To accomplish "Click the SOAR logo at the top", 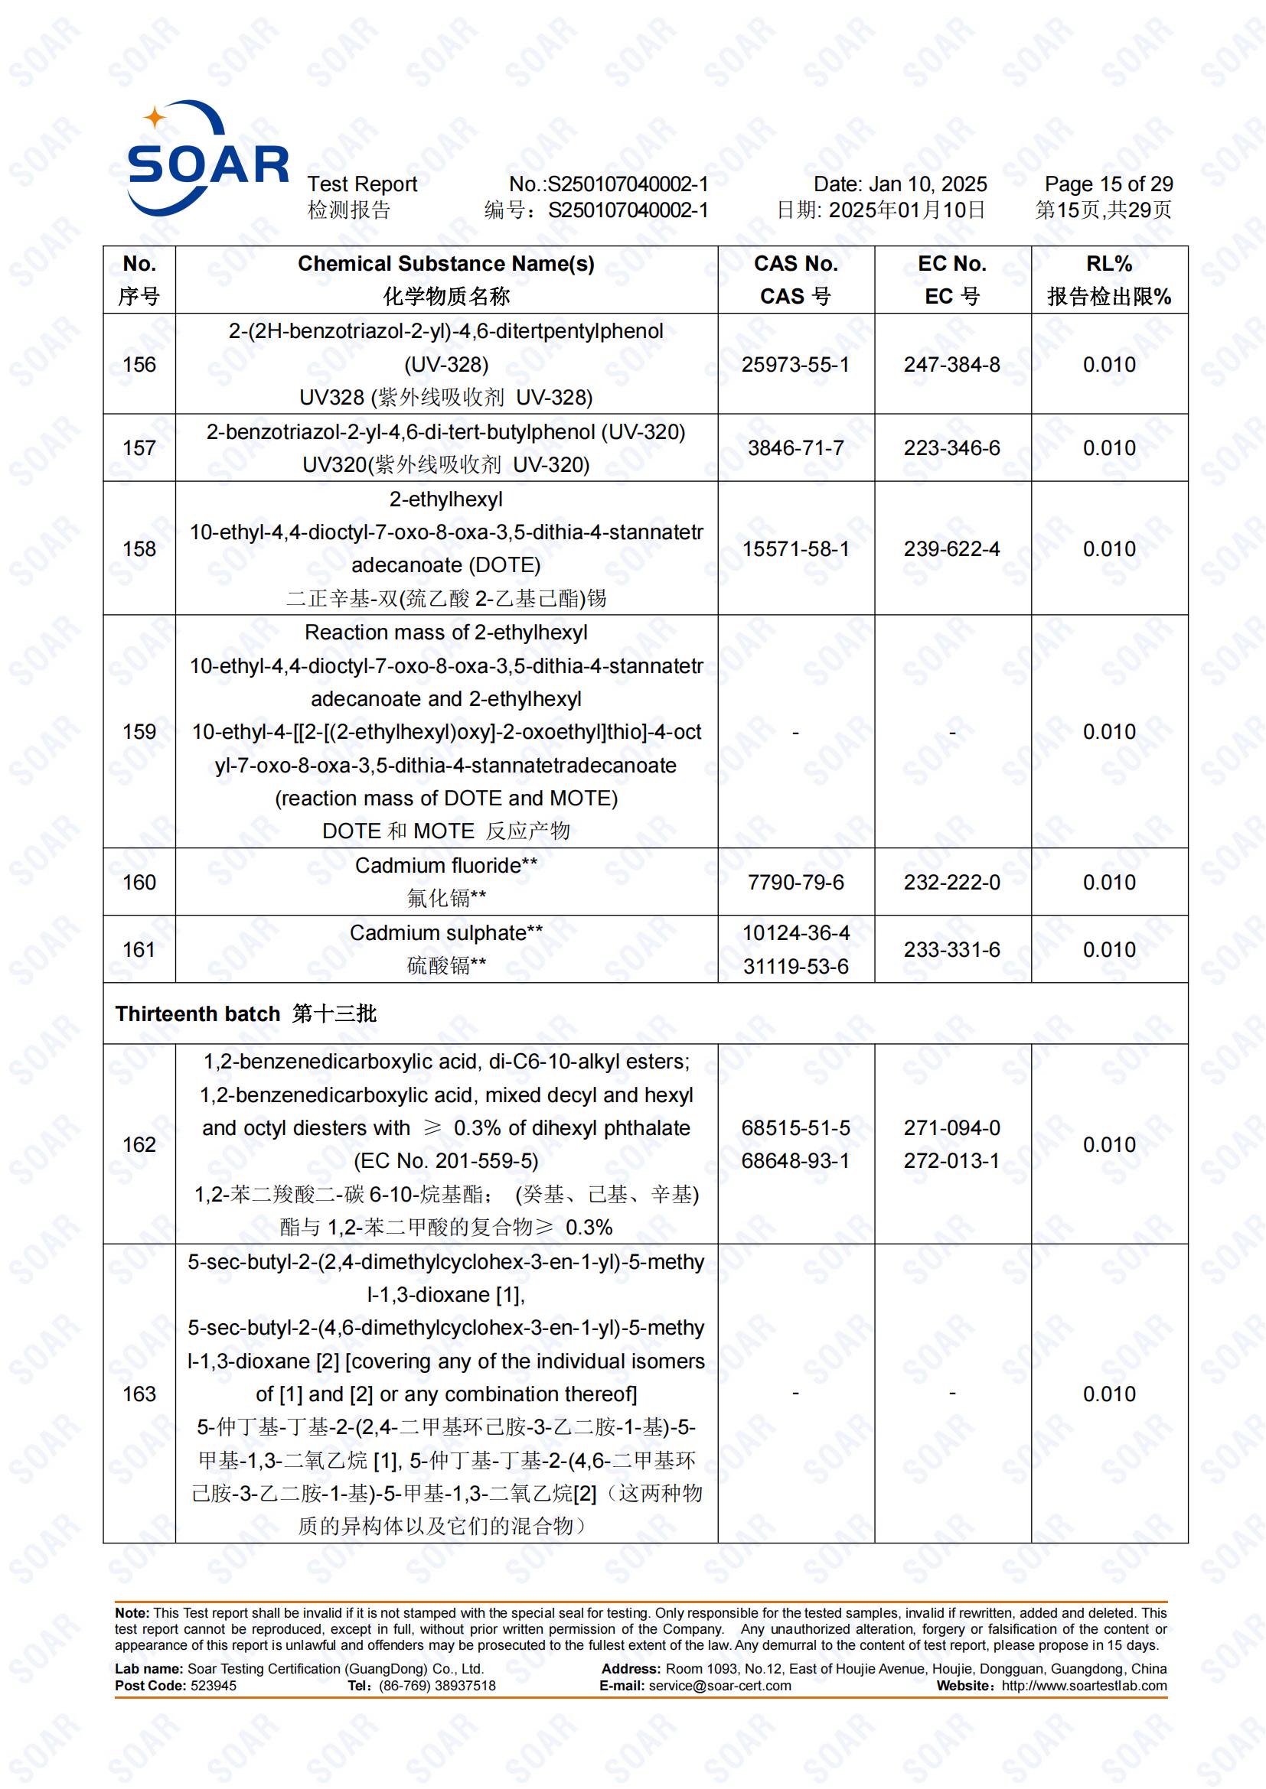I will pos(207,159).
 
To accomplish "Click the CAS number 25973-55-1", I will pos(795,365).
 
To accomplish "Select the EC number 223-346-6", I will pos(952,448).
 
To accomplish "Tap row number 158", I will pos(139,548).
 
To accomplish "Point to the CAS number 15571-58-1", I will pos(795,548).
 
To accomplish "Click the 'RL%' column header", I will pos(1108,264).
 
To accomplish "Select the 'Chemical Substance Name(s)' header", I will pos(446,264).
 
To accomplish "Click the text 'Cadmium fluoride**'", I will pos(446,865).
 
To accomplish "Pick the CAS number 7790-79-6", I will pos(795,882).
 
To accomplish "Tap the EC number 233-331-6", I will pos(952,949).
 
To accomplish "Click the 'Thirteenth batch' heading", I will pos(197,1013).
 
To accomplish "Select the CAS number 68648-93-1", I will pos(795,1160).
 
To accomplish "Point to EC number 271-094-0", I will pos(952,1127).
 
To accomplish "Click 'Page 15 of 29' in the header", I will pos(1108,184).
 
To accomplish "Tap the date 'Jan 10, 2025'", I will pos(928,184).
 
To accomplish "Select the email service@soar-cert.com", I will pos(719,1686).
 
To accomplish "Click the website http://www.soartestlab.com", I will pos(1084,1686).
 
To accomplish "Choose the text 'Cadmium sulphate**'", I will pos(446,932).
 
